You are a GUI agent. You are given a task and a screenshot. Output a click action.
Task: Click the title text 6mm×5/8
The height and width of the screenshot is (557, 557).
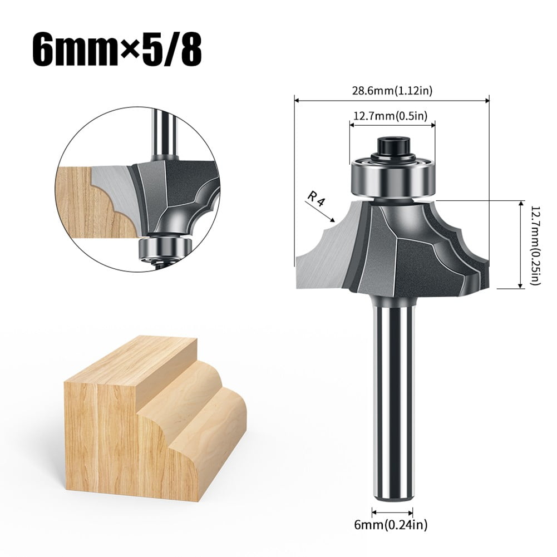[x=117, y=52]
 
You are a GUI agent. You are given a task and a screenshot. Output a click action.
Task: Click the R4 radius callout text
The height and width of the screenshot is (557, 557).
[x=315, y=198]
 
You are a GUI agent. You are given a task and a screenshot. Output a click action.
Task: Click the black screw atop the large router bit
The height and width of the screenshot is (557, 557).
[x=393, y=146]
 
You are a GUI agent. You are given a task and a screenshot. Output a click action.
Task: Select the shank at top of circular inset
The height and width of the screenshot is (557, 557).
[x=164, y=134]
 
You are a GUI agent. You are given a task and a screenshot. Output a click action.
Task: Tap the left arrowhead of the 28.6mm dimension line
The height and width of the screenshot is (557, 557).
[x=297, y=101]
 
